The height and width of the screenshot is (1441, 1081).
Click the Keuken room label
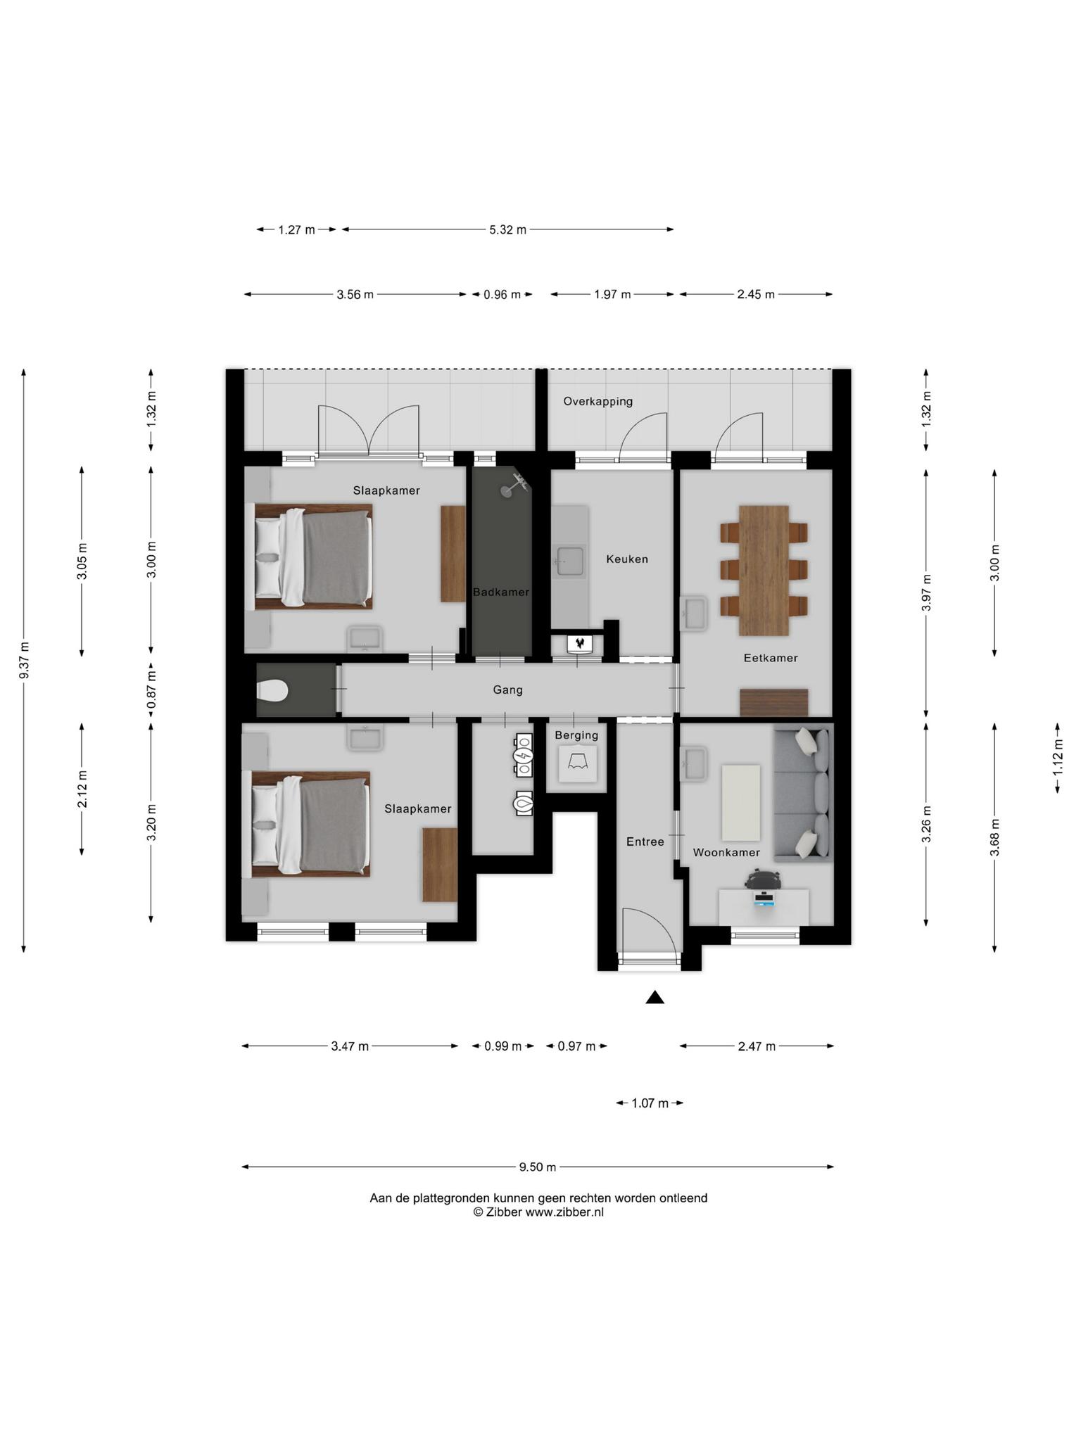(627, 559)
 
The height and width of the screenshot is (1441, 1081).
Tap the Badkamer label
(501, 592)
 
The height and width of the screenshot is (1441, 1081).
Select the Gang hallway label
(507, 690)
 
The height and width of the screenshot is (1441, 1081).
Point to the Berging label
(576, 735)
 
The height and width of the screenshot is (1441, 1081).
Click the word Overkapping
(598, 402)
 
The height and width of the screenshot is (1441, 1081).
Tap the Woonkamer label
(726, 853)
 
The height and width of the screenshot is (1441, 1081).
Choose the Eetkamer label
(771, 659)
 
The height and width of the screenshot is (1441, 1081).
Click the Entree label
(645, 842)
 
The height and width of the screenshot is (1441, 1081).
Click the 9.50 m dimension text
(538, 1167)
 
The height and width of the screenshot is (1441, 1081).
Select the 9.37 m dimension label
(24, 661)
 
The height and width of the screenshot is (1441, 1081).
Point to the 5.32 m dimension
(508, 230)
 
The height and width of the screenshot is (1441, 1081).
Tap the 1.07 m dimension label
(650, 1103)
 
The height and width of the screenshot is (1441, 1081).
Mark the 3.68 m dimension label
(994, 838)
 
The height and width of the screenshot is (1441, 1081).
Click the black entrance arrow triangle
(655, 997)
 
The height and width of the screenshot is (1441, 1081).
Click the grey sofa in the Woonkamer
(803, 795)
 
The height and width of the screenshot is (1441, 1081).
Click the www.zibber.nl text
(564, 1212)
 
